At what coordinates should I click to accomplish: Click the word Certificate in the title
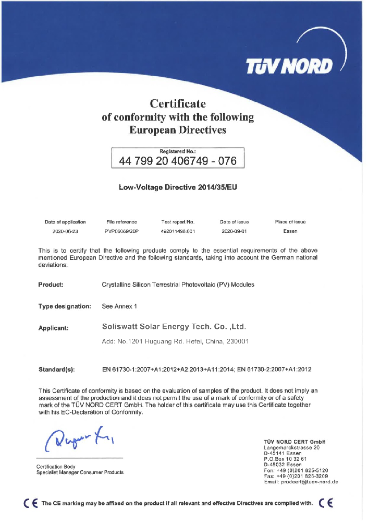tap(178, 103)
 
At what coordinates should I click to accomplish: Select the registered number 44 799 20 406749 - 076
tap(178, 161)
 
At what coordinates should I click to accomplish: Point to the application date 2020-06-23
tap(65, 231)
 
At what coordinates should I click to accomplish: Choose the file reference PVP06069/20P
tap(121, 231)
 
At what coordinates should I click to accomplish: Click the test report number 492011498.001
tap(178, 231)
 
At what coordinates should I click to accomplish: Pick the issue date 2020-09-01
tap(234, 231)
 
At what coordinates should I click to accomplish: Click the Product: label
tap(51, 284)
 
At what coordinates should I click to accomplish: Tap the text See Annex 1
tap(119, 306)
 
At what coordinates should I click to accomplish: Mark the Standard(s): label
tap(57, 370)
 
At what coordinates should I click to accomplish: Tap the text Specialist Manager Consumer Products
tap(80, 472)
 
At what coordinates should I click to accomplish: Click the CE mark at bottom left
tap(31, 504)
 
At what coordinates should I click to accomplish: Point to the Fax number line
tap(296, 476)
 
